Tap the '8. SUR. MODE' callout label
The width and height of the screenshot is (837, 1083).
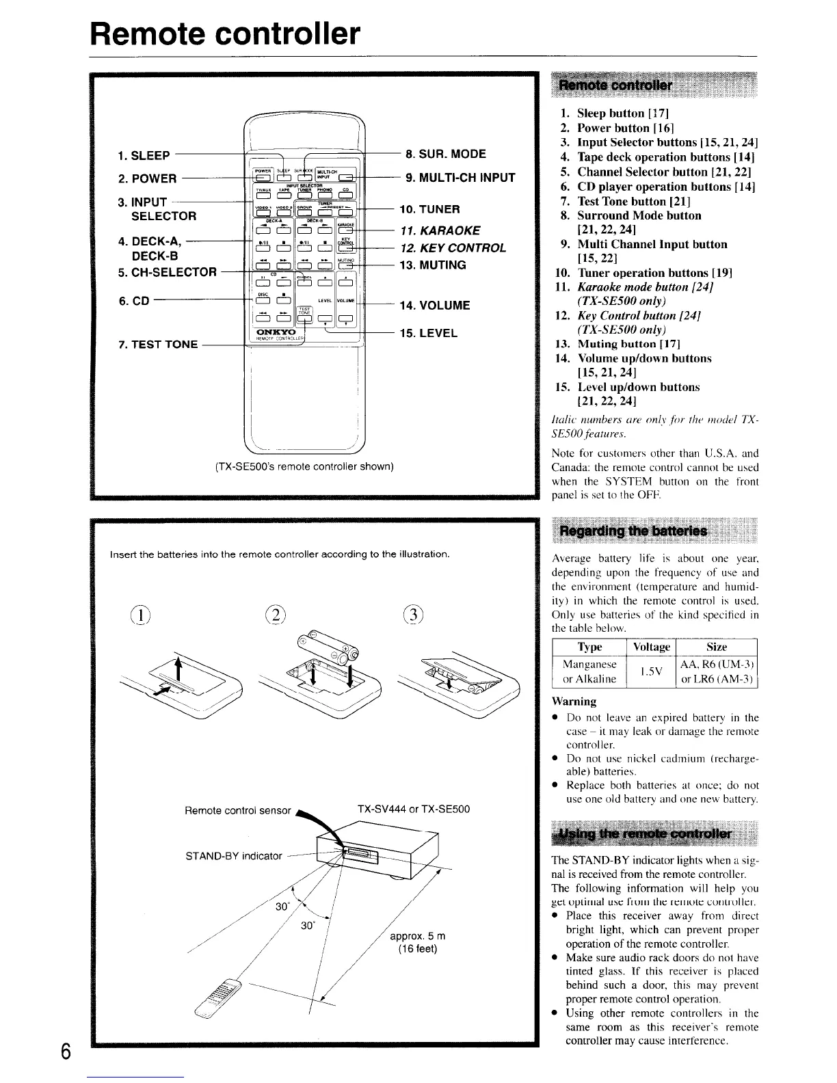[451, 153]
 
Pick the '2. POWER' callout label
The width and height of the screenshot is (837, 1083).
[147, 179]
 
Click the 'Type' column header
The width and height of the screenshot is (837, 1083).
[589, 647]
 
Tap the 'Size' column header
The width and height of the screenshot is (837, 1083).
[716, 647]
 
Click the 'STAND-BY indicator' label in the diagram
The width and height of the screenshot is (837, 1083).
[234, 855]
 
